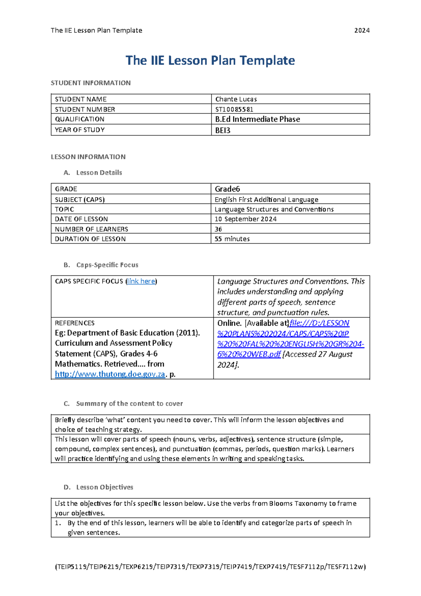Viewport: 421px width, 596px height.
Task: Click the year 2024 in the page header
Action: pyautogui.click(x=362, y=31)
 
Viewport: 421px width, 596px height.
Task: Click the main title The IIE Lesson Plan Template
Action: pyautogui.click(x=210, y=60)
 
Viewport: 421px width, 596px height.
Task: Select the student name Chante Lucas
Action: pyautogui.click(x=236, y=99)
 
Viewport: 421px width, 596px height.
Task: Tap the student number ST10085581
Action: pyautogui.click(x=234, y=109)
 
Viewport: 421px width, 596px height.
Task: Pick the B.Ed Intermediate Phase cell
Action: pyautogui.click(x=258, y=119)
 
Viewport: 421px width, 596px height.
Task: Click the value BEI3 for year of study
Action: pyautogui.click(x=223, y=130)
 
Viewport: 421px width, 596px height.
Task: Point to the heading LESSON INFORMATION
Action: pyautogui.click(x=88, y=157)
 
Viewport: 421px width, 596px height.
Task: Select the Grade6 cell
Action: pyautogui.click(x=227, y=189)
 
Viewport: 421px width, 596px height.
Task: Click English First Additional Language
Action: pyautogui.click(x=266, y=200)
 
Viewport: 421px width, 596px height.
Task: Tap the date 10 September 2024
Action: pyautogui.click(x=246, y=219)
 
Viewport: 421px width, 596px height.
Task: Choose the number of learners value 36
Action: pyautogui.click(x=218, y=229)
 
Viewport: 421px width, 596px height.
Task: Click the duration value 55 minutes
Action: pyautogui.click(x=232, y=239)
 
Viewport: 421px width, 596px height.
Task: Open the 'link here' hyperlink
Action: pyautogui.click(x=141, y=281)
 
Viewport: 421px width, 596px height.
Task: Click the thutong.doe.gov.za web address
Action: pyautogui.click(x=110, y=374)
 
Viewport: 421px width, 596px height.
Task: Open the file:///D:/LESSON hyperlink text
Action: pyautogui.click(x=319, y=323)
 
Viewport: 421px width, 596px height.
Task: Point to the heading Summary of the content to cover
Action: pyautogui.click(x=129, y=403)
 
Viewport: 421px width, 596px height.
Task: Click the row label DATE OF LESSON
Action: pyautogui.click(x=81, y=219)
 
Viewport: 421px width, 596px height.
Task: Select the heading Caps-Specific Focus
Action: pyautogui.click(x=107, y=265)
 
